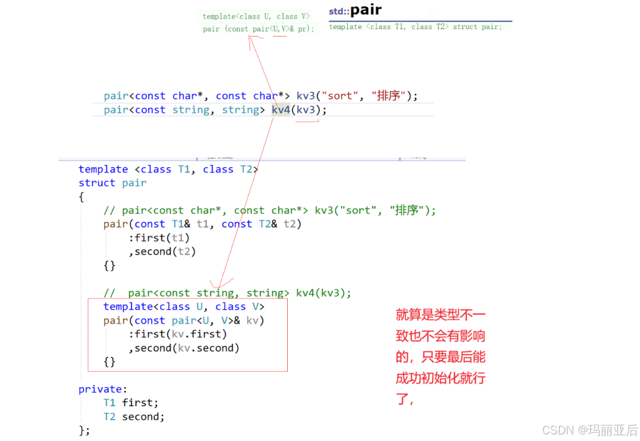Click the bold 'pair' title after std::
[x=366, y=10]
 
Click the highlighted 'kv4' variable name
[x=281, y=110]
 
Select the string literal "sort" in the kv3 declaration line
[x=339, y=96]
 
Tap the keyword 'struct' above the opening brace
[x=97, y=183]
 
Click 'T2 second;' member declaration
[x=134, y=417]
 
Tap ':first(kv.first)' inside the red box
[x=177, y=334]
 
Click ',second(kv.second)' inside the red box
[x=184, y=348]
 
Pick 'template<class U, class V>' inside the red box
[x=184, y=306]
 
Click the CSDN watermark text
[x=589, y=429]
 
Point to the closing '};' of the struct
[x=84, y=430]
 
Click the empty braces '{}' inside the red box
[x=110, y=362]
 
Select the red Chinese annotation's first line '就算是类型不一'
[x=441, y=315]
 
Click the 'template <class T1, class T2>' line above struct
[x=168, y=169]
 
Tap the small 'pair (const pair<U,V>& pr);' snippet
[x=259, y=29]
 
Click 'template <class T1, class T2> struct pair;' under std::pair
[x=415, y=27]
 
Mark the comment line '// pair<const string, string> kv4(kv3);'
[x=227, y=293]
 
